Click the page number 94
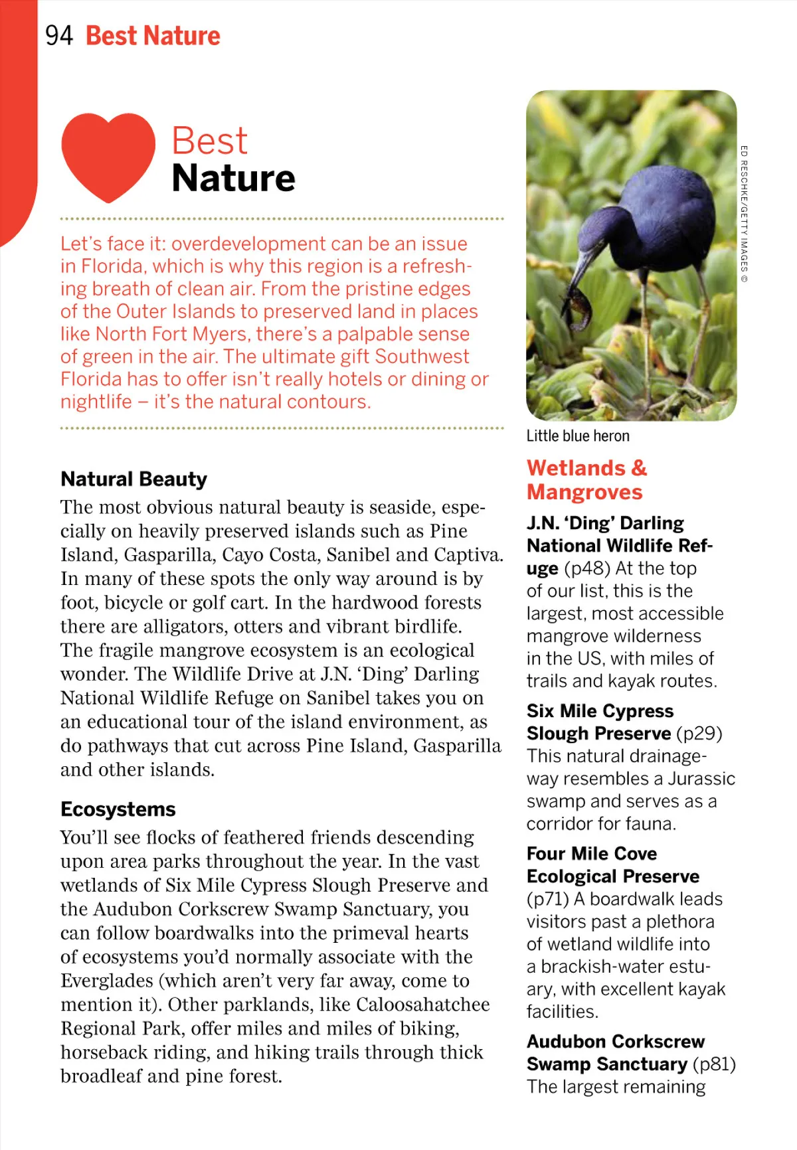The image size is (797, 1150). [x=58, y=35]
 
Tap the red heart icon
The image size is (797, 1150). [x=108, y=156]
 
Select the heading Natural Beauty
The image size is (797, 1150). [x=133, y=479]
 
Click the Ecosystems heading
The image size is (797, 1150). [x=118, y=809]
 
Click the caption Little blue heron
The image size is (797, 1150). [x=578, y=436]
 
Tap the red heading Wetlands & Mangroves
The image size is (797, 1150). [x=586, y=480]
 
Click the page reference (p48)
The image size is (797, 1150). [x=587, y=568]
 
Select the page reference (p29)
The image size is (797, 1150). [x=699, y=733]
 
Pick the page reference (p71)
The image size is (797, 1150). [x=548, y=898]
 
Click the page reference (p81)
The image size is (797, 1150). [x=714, y=1064]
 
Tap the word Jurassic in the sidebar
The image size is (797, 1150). [x=701, y=778]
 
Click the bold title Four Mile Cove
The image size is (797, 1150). [x=592, y=853]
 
